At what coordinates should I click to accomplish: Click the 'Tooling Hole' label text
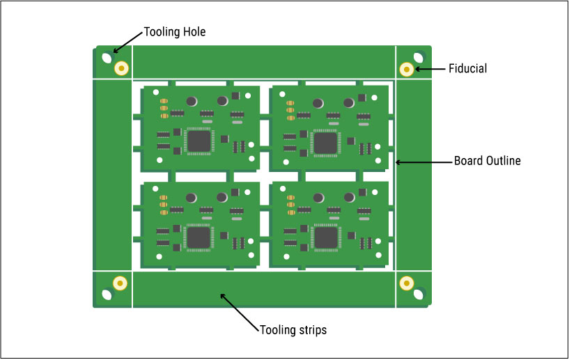(x=174, y=31)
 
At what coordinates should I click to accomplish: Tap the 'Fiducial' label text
(x=467, y=68)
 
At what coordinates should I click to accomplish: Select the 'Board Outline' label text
(x=487, y=161)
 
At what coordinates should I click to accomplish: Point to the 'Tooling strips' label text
(x=293, y=329)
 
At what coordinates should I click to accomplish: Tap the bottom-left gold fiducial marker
(x=120, y=283)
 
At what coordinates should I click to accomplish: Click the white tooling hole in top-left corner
(x=107, y=58)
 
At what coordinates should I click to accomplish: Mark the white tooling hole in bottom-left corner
(x=106, y=294)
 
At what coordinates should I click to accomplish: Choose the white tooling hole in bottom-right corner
(x=419, y=294)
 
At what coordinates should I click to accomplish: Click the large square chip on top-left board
(x=199, y=141)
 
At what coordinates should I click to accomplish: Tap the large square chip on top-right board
(x=325, y=143)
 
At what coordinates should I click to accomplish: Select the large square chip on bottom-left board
(x=199, y=238)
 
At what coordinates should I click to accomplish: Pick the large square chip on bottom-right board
(x=325, y=238)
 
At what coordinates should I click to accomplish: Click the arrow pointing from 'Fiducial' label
(x=430, y=68)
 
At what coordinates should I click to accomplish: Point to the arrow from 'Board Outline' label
(x=423, y=162)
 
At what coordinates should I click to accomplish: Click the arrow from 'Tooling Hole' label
(x=127, y=42)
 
